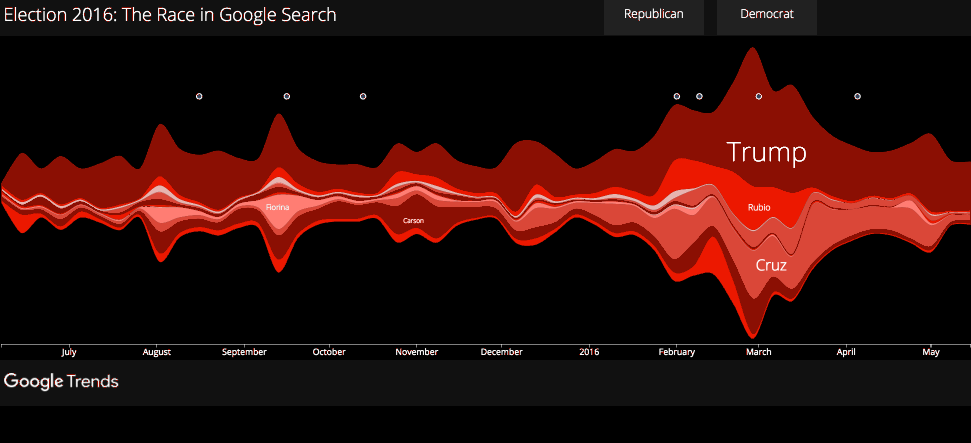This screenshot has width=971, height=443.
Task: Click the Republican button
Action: pyautogui.click(x=653, y=15)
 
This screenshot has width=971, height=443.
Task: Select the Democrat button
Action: pyautogui.click(x=767, y=15)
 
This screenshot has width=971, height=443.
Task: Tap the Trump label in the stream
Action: pyautogui.click(x=766, y=152)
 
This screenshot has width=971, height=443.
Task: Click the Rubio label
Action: pyautogui.click(x=759, y=207)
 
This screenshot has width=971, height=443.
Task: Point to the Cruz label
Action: pyautogui.click(x=770, y=265)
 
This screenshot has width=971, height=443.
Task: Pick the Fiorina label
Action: pyautogui.click(x=278, y=207)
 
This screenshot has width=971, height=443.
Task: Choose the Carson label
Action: pyautogui.click(x=414, y=220)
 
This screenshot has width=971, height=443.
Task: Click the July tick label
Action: pyautogui.click(x=69, y=352)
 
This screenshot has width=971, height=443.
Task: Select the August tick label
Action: pyautogui.click(x=157, y=352)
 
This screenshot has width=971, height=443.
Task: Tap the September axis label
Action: pyautogui.click(x=244, y=352)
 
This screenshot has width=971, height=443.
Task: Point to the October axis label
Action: pyautogui.click(x=329, y=352)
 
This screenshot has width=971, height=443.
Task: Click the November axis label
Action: pyautogui.click(x=416, y=352)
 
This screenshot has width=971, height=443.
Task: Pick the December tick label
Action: pyautogui.click(x=501, y=352)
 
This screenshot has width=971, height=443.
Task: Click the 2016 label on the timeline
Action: pyautogui.click(x=589, y=352)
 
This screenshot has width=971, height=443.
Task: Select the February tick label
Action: pyautogui.click(x=677, y=352)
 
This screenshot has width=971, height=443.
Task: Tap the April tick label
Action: pyautogui.click(x=847, y=352)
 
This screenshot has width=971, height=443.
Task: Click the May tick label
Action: pyautogui.click(x=931, y=352)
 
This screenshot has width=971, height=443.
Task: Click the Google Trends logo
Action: pyautogui.click(x=61, y=381)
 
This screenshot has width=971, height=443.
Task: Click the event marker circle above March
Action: pyautogui.click(x=759, y=96)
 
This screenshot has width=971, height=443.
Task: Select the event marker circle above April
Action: pyautogui.click(x=857, y=96)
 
